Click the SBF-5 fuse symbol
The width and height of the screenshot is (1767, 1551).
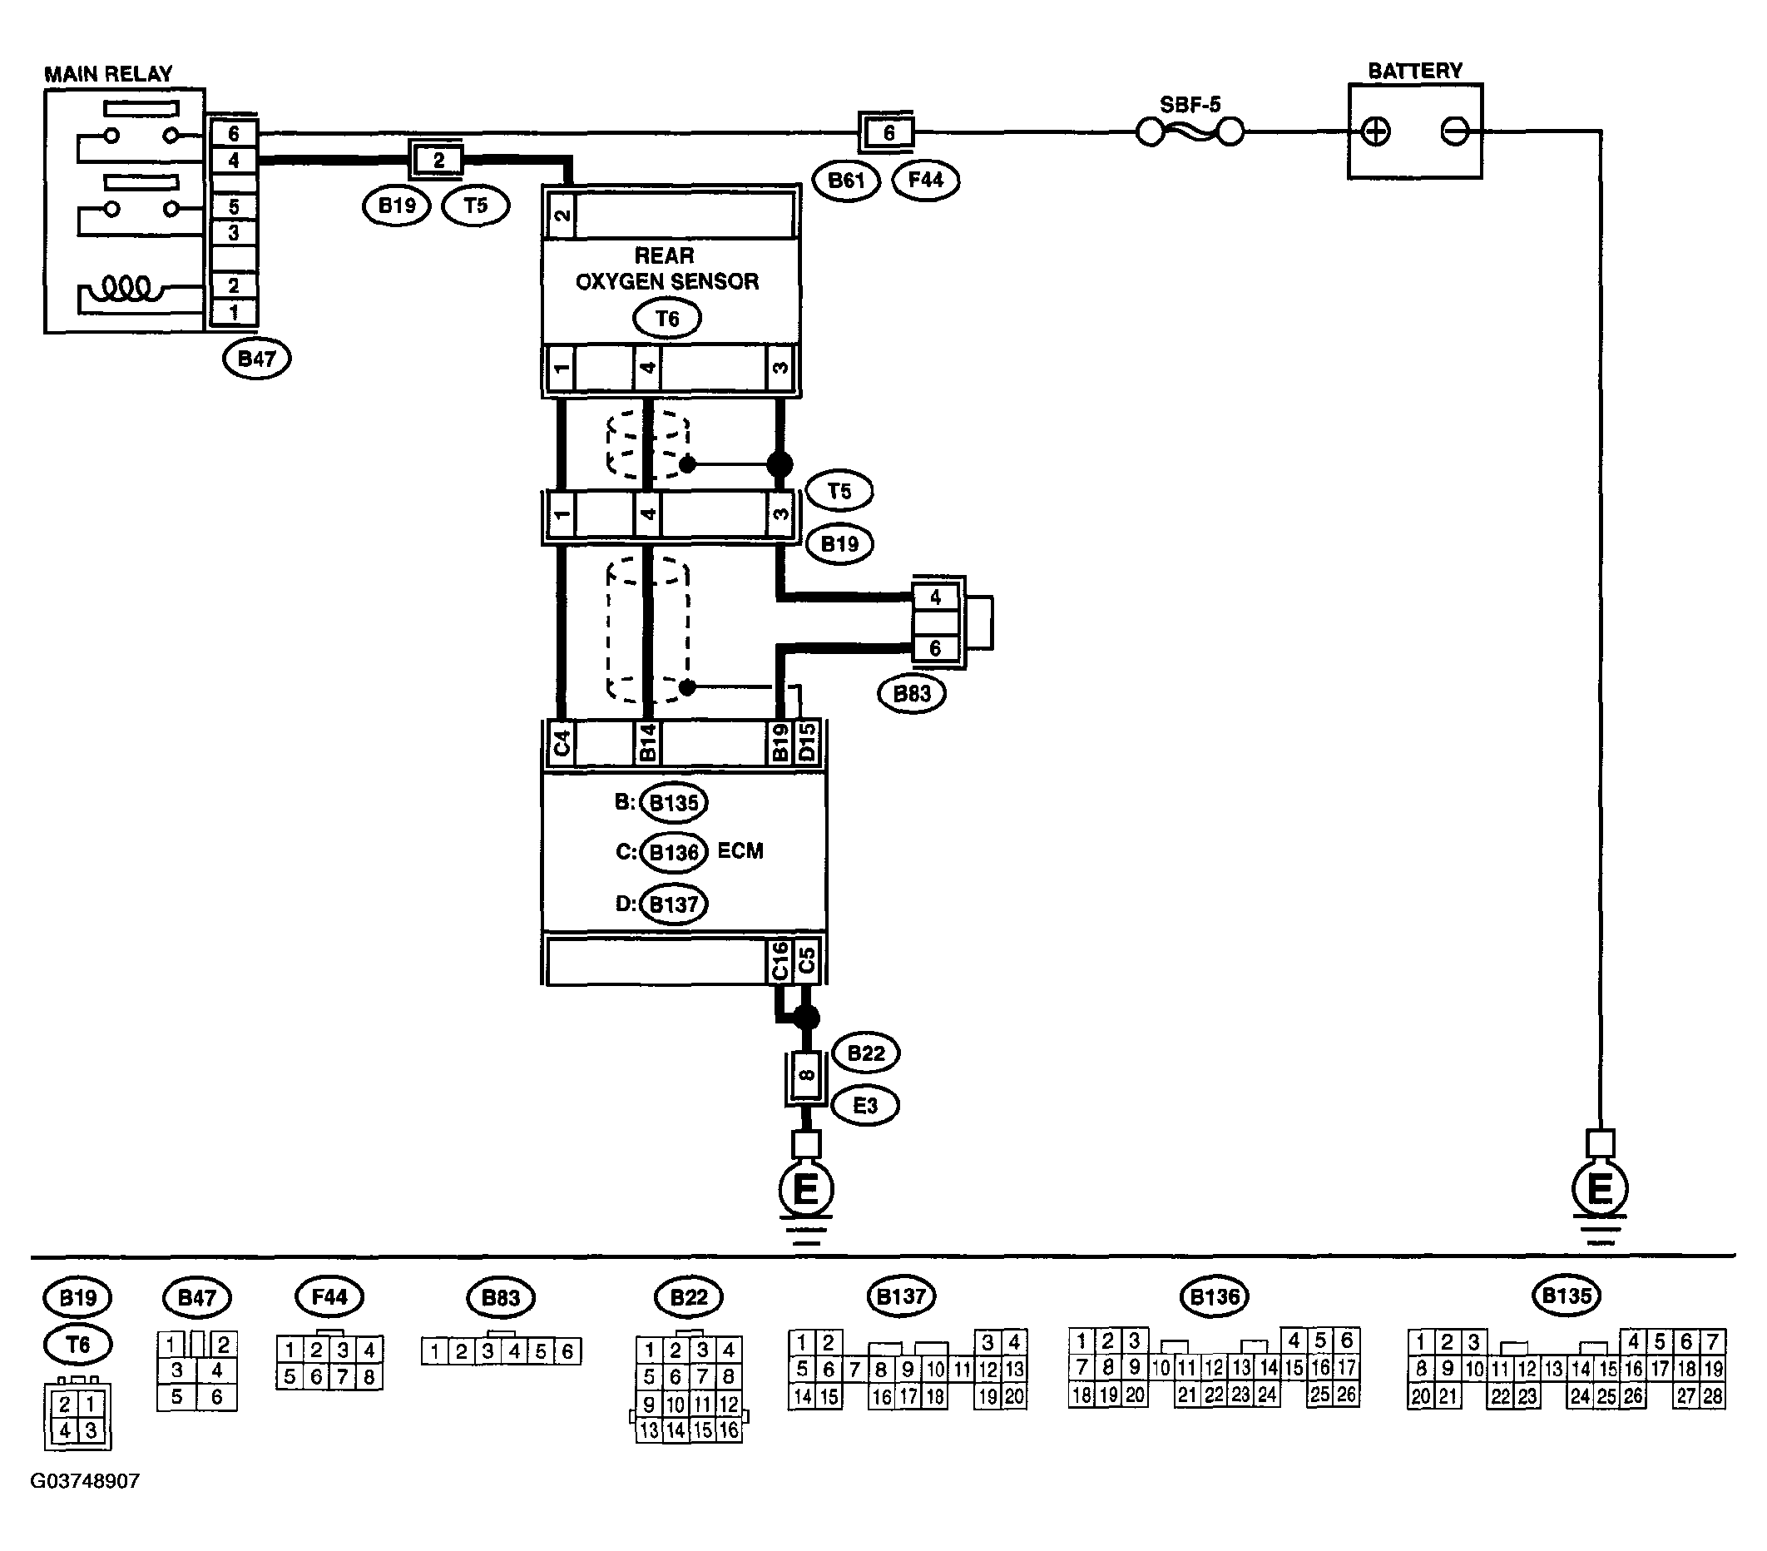pyautogui.click(x=1190, y=132)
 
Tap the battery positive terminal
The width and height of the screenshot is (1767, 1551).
pyautogui.click(x=1374, y=132)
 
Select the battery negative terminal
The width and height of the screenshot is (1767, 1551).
pyautogui.click(x=1455, y=131)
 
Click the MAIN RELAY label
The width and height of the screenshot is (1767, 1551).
pyautogui.click(x=108, y=74)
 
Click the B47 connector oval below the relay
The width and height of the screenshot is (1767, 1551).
pyautogui.click(x=257, y=359)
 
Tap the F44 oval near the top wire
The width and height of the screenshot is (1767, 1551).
pyautogui.click(x=926, y=181)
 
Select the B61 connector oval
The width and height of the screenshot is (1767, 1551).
pyautogui.click(x=846, y=181)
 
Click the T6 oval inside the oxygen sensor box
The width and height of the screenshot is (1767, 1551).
pyautogui.click(x=666, y=319)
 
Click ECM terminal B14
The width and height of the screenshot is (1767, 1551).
pyautogui.click(x=646, y=744)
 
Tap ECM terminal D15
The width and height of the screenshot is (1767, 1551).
pyautogui.click(x=807, y=744)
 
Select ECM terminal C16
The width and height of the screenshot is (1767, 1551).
pyautogui.click(x=780, y=960)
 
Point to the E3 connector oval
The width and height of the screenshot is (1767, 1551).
pyautogui.click(x=865, y=1106)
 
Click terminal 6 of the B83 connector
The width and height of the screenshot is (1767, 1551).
pyautogui.click(x=935, y=648)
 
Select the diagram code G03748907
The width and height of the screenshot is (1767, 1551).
pyautogui.click(x=85, y=1482)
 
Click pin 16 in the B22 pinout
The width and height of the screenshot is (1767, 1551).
pyautogui.click(x=729, y=1430)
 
